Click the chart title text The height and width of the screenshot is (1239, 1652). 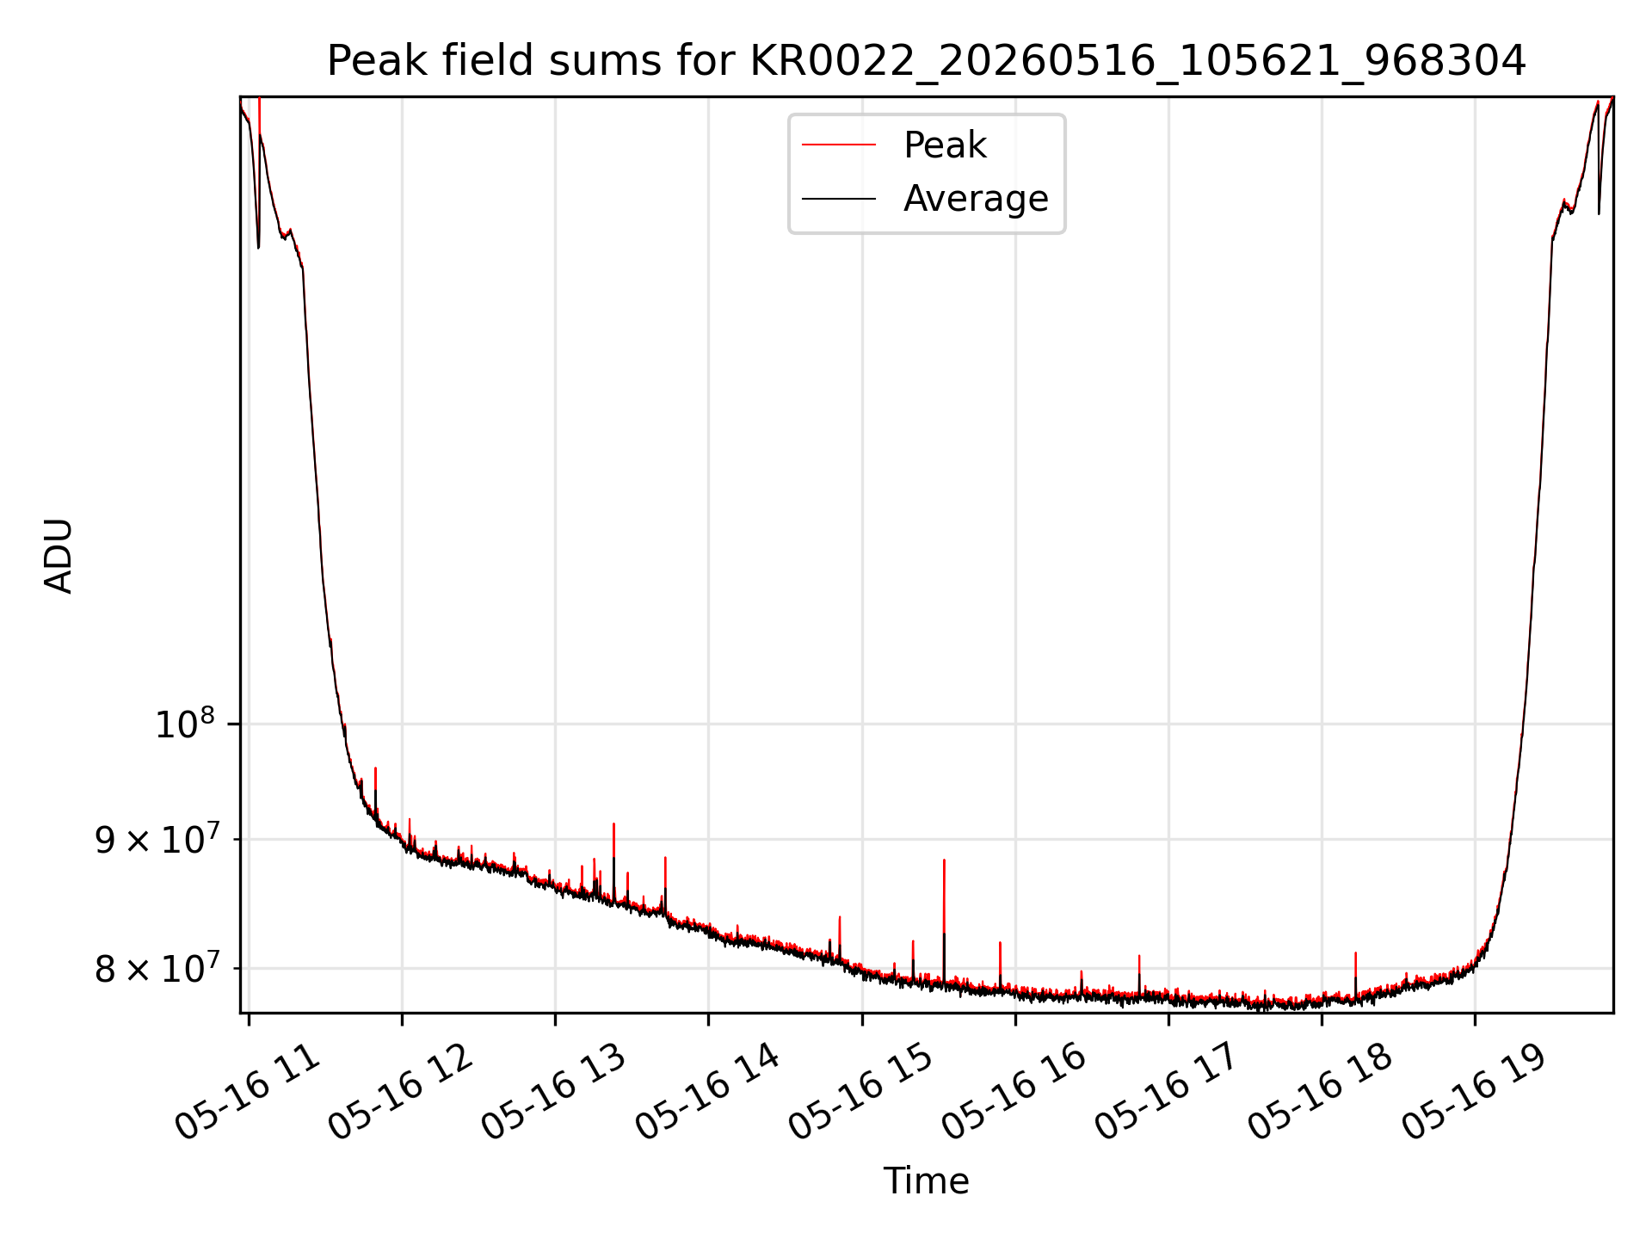click(927, 61)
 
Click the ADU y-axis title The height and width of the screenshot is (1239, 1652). click(59, 555)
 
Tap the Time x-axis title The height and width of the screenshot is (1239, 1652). click(927, 1181)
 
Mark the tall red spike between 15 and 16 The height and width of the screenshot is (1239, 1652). click(944, 921)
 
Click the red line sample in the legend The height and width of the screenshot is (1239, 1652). click(839, 145)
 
